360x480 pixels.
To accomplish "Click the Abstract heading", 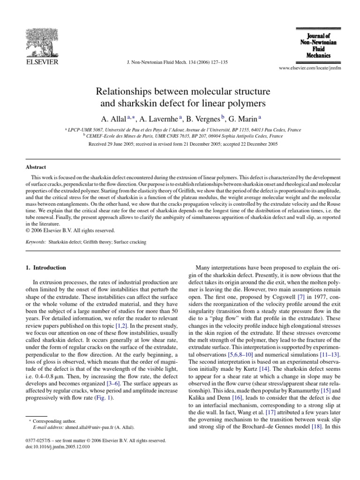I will click(x=35, y=166).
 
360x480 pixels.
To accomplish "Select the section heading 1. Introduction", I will click(x=45, y=268).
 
